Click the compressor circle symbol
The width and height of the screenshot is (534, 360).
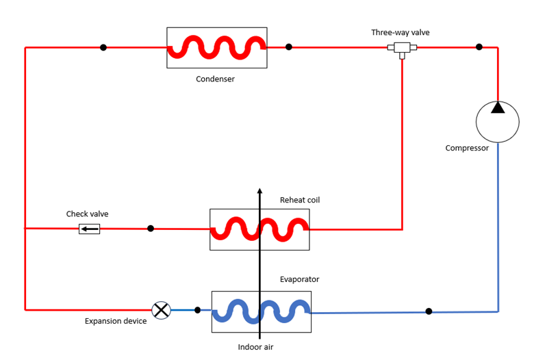(x=498, y=121)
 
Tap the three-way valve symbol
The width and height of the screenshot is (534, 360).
(x=402, y=48)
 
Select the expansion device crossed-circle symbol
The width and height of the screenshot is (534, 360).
(x=161, y=310)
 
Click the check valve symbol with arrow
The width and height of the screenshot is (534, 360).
(x=89, y=229)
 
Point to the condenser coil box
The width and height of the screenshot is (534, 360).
(x=216, y=47)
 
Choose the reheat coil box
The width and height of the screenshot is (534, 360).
(x=259, y=229)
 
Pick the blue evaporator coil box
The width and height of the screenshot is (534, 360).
(x=261, y=311)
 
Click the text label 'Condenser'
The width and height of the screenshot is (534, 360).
(x=215, y=79)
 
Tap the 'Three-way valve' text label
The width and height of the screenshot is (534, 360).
(x=400, y=32)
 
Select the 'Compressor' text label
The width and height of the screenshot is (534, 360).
(x=467, y=148)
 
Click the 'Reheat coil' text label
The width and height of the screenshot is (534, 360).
(x=300, y=200)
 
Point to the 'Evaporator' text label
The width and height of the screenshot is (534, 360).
(x=299, y=279)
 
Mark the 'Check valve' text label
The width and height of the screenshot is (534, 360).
(x=87, y=214)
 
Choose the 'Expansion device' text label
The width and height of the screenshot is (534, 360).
(x=116, y=321)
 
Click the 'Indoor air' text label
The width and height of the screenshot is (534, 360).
(x=255, y=347)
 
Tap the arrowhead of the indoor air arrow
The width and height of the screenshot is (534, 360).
(x=259, y=192)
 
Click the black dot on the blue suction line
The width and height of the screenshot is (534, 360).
(x=429, y=311)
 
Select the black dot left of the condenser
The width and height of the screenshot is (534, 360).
(x=103, y=47)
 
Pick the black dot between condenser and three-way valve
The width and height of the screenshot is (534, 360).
(x=289, y=47)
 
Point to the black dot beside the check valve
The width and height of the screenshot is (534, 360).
(x=151, y=229)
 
